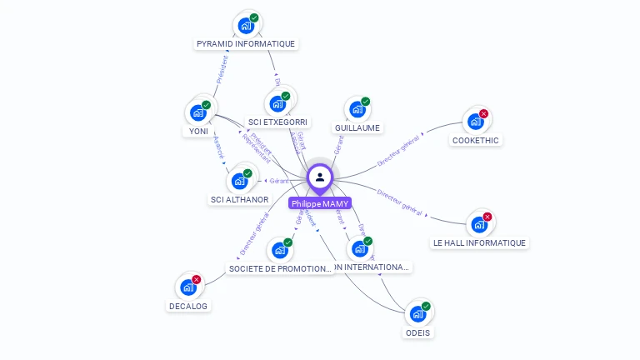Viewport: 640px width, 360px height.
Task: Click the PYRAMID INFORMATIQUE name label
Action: point(246,43)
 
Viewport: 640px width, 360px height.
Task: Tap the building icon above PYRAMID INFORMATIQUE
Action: point(246,25)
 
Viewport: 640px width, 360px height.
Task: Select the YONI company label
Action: point(198,131)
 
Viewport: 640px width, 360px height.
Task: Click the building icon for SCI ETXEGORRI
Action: point(277,103)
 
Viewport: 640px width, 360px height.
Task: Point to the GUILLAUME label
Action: point(357,127)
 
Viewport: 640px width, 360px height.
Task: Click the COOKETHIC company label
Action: point(475,140)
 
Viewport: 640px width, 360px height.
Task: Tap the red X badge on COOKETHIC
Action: point(483,114)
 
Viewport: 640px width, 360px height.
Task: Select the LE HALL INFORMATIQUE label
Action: point(479,242)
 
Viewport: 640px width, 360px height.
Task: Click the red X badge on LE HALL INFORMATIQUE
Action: point(487,217)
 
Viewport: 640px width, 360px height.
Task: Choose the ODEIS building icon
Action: point(417,314)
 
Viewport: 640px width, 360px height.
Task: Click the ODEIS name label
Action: point(418,332)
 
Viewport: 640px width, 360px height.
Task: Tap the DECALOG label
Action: point(188,306)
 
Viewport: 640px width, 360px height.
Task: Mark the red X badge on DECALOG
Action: point(197,279)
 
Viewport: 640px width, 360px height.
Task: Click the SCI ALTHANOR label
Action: point(240,199)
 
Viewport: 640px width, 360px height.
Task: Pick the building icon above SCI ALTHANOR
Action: point(239,181)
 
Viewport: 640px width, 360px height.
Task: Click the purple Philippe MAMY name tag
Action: point(320,203)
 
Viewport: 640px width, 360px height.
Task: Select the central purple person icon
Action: point(320,177)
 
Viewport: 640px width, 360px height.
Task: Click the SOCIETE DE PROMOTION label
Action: point(281,268)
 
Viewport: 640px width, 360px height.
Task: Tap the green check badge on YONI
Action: point(206,105)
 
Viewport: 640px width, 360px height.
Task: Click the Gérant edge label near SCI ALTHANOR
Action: point(278,181)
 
